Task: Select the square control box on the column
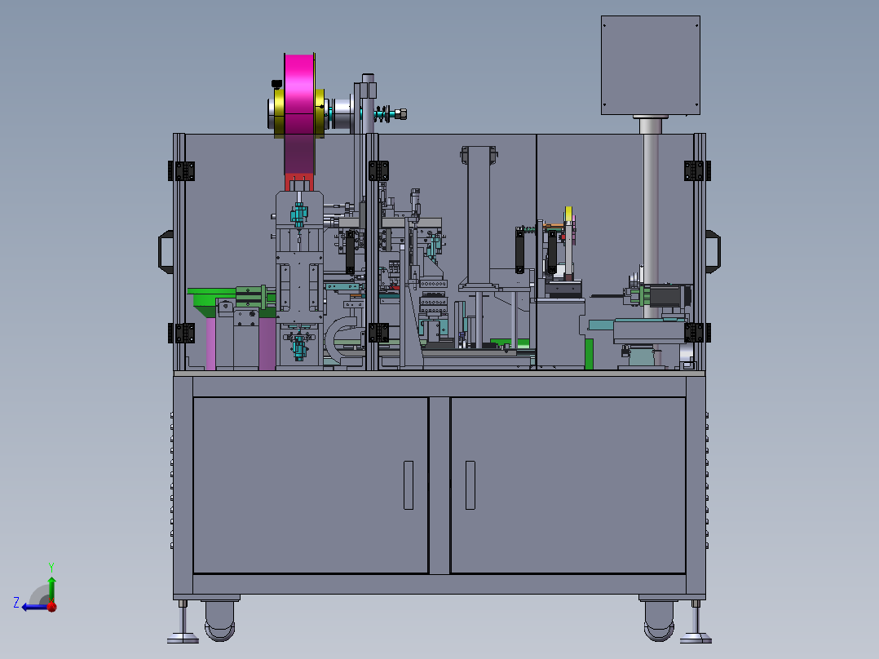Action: pyautogui.click(x=651, y=65)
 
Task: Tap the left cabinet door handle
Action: pyautogui.click(x=408, y=485)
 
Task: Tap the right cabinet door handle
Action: pyautogui.click(x=470, y=485)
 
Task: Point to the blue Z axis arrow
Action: pyautogui.click(x=33, y=607)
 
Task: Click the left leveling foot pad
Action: pyautogui.click(x=183, y=639)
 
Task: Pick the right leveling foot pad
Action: pyautogui.click(x=696, y=639)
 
